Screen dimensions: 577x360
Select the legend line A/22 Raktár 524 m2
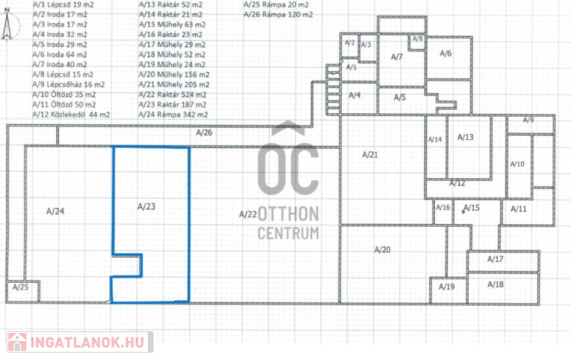click(x=172, y=95)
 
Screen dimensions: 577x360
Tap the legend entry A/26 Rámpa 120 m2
click(x=278, y=14)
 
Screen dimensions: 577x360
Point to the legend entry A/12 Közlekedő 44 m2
click(x=71, y=115)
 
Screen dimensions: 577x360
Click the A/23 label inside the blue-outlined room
click(x=146, y=206)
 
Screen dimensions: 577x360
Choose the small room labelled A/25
click(x=23, y=291)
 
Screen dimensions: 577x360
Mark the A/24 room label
click(x=56, y=211)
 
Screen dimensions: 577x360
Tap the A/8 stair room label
click(x=418, y=39)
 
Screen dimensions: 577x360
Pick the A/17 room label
click(x=495, y=259)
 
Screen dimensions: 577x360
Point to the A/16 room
click(x=443, y=211)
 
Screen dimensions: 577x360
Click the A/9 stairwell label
click(x=529, y=120)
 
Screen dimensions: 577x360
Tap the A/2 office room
click(x=349, y=46)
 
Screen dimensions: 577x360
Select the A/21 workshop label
click(x=370, y=155)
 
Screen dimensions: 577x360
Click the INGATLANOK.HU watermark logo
click(x=79, y=343)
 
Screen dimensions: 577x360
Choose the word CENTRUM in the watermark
click(x=288, y=233)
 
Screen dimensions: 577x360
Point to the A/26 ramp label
click(x=204, y=133)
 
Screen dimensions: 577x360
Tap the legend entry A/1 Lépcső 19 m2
click(x=63, y=5)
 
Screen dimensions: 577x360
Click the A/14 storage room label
click(x=435, y=139)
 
